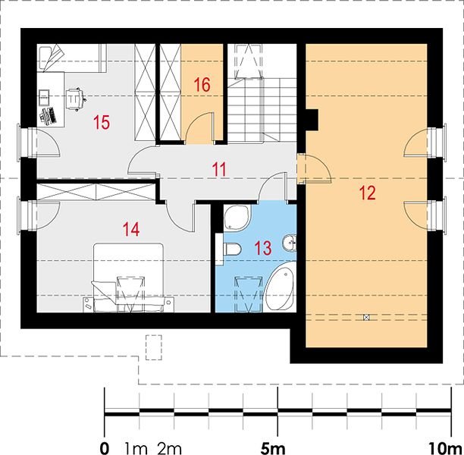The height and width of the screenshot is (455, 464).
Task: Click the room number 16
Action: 202,85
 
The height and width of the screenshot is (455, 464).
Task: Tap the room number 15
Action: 102,122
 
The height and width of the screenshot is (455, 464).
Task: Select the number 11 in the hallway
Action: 219,170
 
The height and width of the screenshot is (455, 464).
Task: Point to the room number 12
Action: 367,193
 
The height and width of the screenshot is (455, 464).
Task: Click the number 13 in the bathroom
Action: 263,248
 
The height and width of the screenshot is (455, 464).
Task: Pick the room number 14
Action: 131,230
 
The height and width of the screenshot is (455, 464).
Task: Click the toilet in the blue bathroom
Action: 232,249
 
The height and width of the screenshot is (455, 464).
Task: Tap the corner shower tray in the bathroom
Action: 237,218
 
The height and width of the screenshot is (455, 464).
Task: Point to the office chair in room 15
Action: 76,99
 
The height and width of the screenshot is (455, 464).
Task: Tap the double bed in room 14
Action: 128,278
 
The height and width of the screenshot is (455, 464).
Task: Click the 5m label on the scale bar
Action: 273,449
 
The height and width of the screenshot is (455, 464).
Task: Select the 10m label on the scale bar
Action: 447,449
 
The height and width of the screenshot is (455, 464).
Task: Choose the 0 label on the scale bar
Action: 104,449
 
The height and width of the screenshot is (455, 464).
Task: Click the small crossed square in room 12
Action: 366,318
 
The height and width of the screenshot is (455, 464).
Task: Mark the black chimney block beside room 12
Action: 312,120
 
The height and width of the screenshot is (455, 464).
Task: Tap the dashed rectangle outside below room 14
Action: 154,347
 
